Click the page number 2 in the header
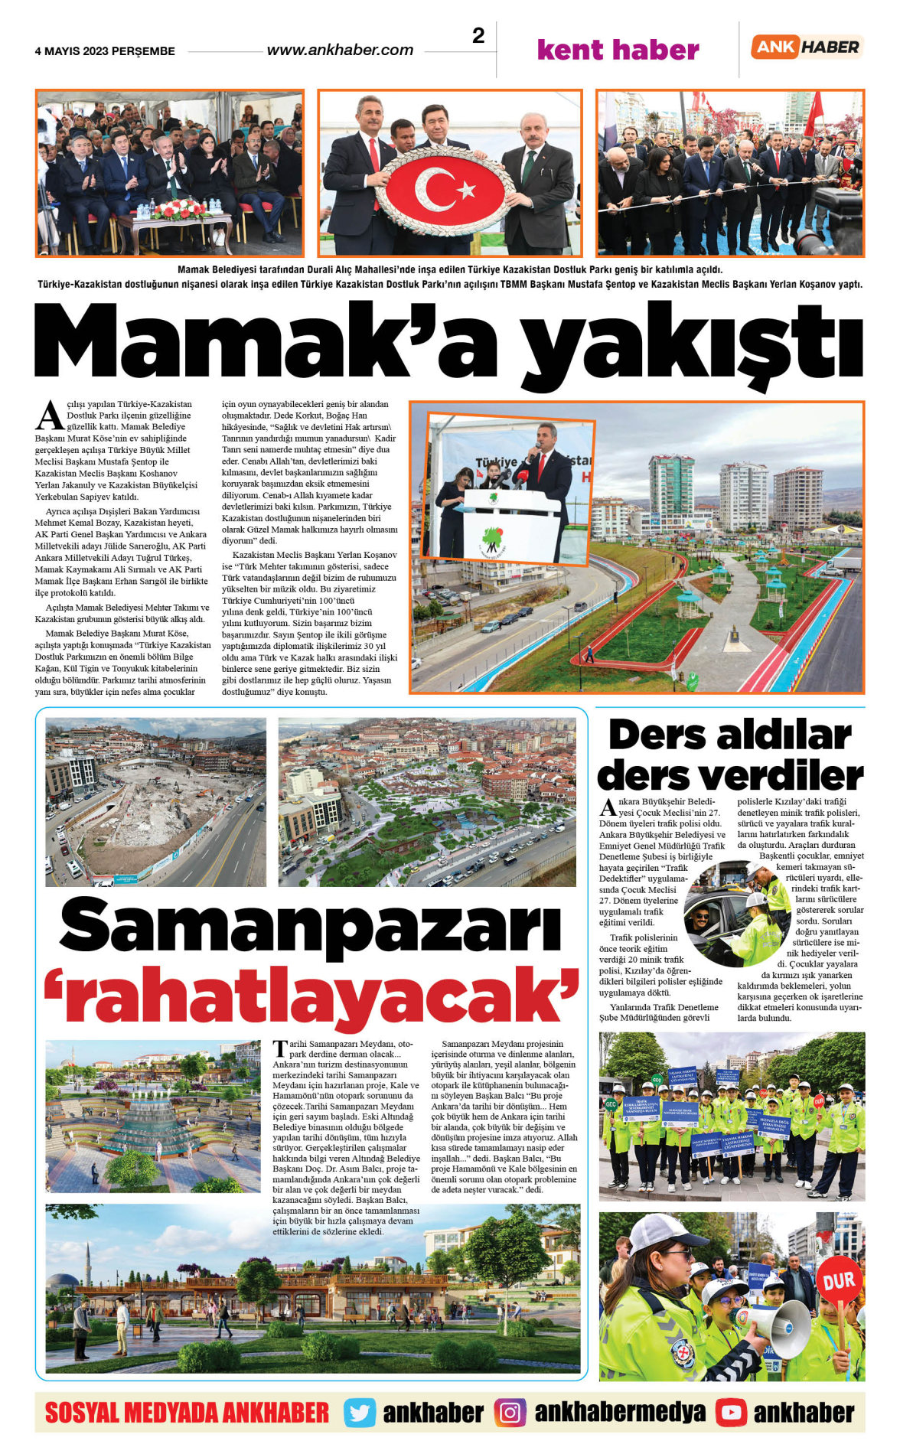pyautogui.click(x=478, y=36)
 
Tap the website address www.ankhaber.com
pyautogui.click(x=340, y=51)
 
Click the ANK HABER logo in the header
pyautogui.click(x=807, y=47)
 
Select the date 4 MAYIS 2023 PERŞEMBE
pyautogui.click(x=105, y=51)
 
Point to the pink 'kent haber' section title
pyautogui.click(x=618, y=50)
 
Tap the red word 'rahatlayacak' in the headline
pyautogui.click(x=311, y=995)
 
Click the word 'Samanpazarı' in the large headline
pyautogui.click(x=311, y=927)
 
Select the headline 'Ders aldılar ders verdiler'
pyautogui.click(x=730, y=755)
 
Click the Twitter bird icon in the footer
pyautogui.click(x=359, y=1413)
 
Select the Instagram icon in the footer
pyautogui.click(x=510, y=1413)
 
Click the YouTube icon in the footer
pyautogui.click(x=731, y=1413)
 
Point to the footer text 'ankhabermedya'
pyautogui.click(x=619, y=1413)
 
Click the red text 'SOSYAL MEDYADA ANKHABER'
pyautogui.click(x=187, y=1413)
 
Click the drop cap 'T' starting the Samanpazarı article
pyautogui.click(x=280, y=1049)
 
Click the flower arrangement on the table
pyautogui.click(x=178, y=208)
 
